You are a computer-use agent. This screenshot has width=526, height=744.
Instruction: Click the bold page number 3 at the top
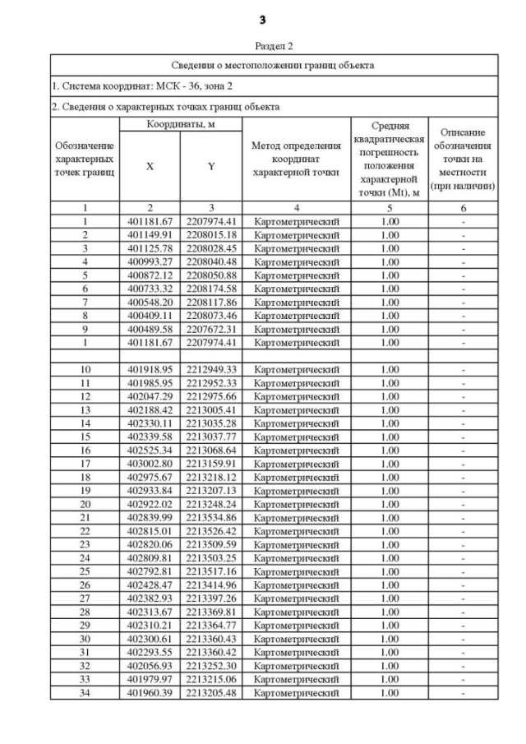262,19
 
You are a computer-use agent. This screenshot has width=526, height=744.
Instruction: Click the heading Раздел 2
262,46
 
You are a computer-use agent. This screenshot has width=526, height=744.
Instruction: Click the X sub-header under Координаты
150,166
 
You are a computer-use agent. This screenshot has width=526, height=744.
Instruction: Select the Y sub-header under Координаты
211,166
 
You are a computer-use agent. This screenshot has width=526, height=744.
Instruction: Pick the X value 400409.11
150,314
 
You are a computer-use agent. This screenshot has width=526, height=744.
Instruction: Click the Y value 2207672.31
211,328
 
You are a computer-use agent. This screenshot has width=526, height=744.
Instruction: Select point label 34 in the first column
85,693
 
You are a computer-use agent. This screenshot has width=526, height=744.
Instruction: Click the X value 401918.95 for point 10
150,369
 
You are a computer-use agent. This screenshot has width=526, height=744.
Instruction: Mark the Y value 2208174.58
211,288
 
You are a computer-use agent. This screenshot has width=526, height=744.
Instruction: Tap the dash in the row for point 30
464,639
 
